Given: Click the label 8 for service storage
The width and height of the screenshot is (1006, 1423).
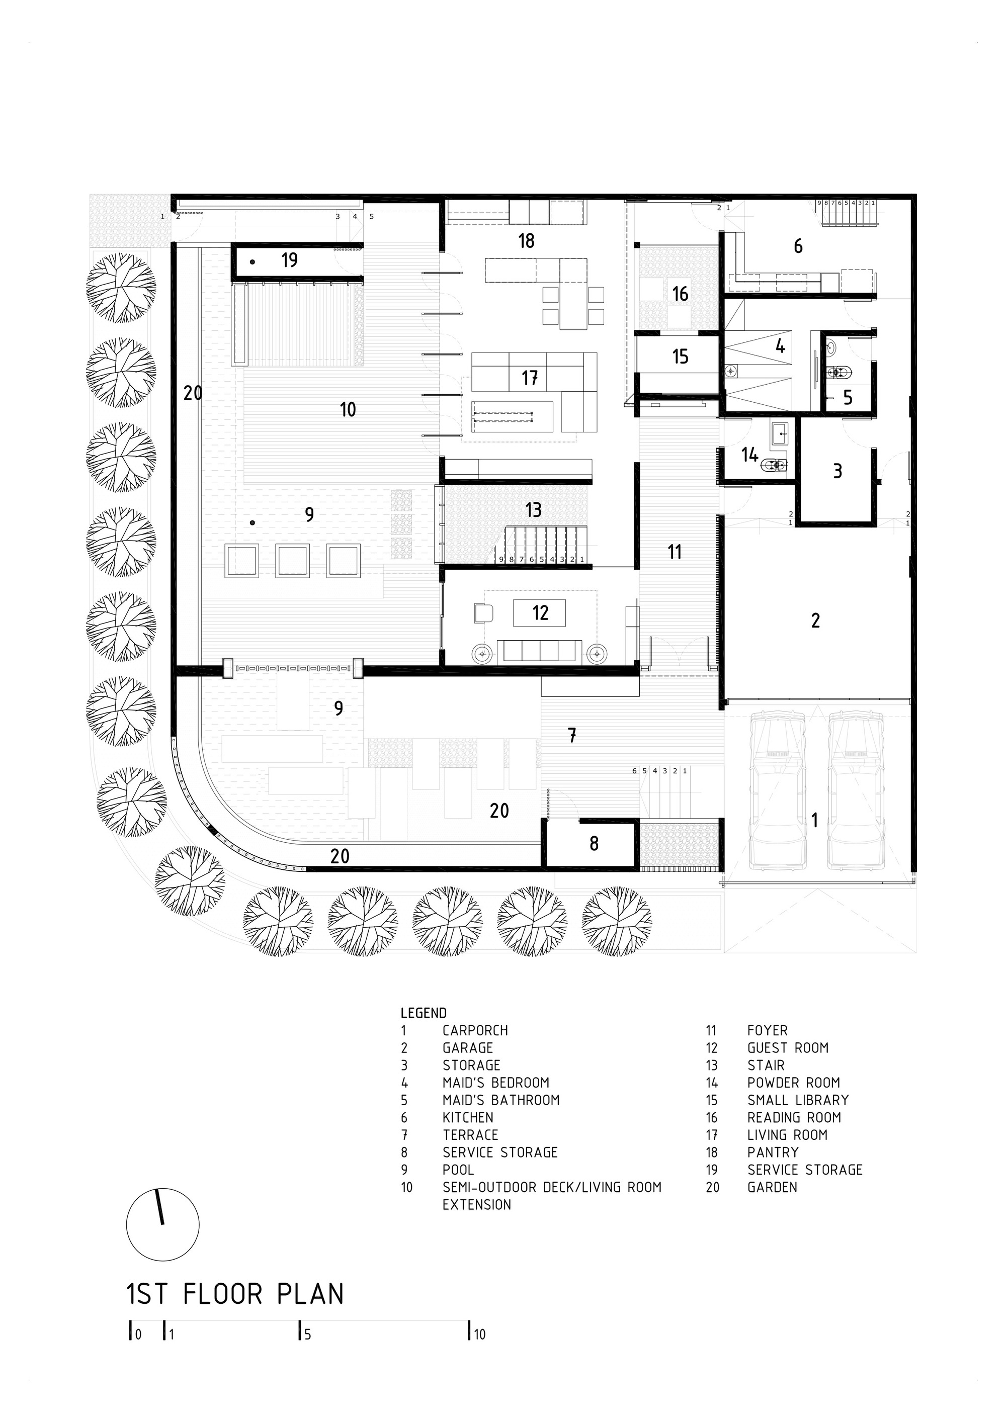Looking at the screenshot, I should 594,843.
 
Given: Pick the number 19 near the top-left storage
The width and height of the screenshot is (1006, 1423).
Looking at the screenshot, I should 289,259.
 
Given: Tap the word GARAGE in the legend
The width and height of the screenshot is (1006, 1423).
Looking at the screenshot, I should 467,1048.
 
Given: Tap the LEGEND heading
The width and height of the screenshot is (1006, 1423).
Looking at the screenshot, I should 424,1013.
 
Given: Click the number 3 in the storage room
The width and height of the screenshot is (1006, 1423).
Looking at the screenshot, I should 837,471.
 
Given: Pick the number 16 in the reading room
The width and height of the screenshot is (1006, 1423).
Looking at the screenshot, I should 680,293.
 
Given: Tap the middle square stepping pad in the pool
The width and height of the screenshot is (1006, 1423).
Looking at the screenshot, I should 293,561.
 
